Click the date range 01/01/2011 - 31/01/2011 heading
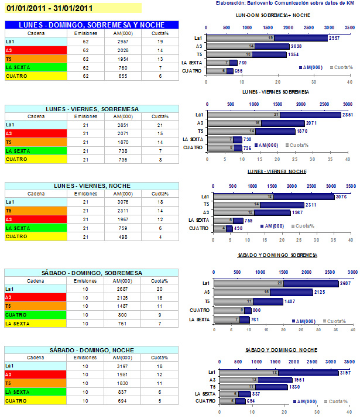(x=50, y=8)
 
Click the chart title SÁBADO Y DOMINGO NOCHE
(x=278, y=349)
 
